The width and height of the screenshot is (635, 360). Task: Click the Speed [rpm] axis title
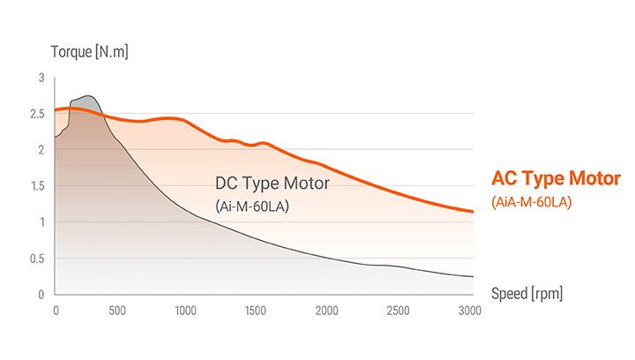click(527, 293)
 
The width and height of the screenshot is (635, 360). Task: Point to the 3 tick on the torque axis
click(40, 78)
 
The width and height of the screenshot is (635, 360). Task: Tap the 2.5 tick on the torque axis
click(36, 114)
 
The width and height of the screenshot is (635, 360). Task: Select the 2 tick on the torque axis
click(40, 150)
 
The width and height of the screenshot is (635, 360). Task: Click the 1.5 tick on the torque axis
click(36, 186)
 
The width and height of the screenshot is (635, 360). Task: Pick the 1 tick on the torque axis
click(40, 222)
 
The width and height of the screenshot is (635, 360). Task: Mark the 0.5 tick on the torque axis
click(36, 259)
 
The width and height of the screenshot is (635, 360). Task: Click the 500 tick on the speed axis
click(116, 311)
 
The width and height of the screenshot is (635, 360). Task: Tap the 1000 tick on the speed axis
click(184, 311)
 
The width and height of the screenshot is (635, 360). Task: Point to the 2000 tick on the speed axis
click(326, 311)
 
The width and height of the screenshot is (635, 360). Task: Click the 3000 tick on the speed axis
click(469, 311)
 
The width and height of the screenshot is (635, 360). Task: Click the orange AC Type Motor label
click(556, 179)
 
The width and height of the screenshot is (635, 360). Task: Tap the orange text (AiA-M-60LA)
click(532, 203)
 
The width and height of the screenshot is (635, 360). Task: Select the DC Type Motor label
click(272, 184)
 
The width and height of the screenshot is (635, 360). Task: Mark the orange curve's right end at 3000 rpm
click(473, 212)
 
